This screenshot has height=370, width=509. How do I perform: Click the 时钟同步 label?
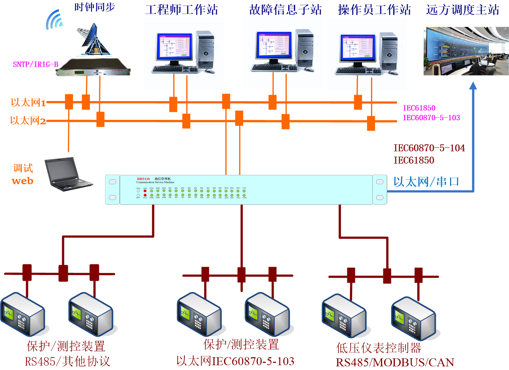(94, 7)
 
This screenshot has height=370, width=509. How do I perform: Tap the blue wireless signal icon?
(54, 20)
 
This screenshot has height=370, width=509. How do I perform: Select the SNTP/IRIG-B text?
(35, 64)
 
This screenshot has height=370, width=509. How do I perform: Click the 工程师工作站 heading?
(182, 10)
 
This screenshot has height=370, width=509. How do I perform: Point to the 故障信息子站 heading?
(286, 10)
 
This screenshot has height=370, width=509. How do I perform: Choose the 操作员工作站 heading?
(374, 10)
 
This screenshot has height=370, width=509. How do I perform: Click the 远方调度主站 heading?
(463, 10)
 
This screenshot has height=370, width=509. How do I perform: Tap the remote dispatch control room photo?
(466, 51)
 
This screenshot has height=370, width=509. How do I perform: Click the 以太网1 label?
(28, 103)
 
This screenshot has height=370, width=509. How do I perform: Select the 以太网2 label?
(28, 121)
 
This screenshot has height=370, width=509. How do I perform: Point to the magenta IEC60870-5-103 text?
(431, 118)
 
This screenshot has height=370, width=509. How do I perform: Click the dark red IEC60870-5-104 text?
(429, 148)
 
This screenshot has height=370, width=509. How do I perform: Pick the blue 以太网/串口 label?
(426, 182)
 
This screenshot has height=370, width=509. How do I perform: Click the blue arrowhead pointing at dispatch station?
(473, 86)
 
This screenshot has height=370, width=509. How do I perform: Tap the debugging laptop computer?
(67, 174)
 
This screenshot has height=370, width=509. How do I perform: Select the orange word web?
(23, 181)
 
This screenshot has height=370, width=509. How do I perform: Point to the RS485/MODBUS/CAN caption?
(395, 362)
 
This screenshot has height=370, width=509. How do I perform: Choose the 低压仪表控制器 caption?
(379, 348)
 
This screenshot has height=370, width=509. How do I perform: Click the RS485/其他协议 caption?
(67, 361)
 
